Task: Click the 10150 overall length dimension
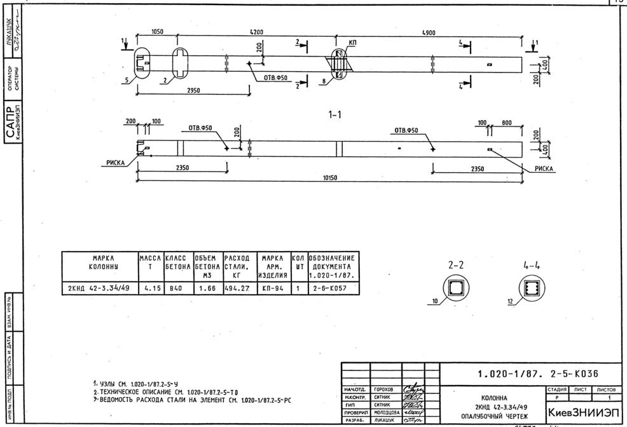[330, 179]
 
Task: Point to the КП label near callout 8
[353, 42]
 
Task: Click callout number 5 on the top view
[127, 80]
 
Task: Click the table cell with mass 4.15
[150, 288]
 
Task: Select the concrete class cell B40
[177, 288]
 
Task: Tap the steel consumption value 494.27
[238, 288]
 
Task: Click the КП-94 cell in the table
[272, 288]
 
